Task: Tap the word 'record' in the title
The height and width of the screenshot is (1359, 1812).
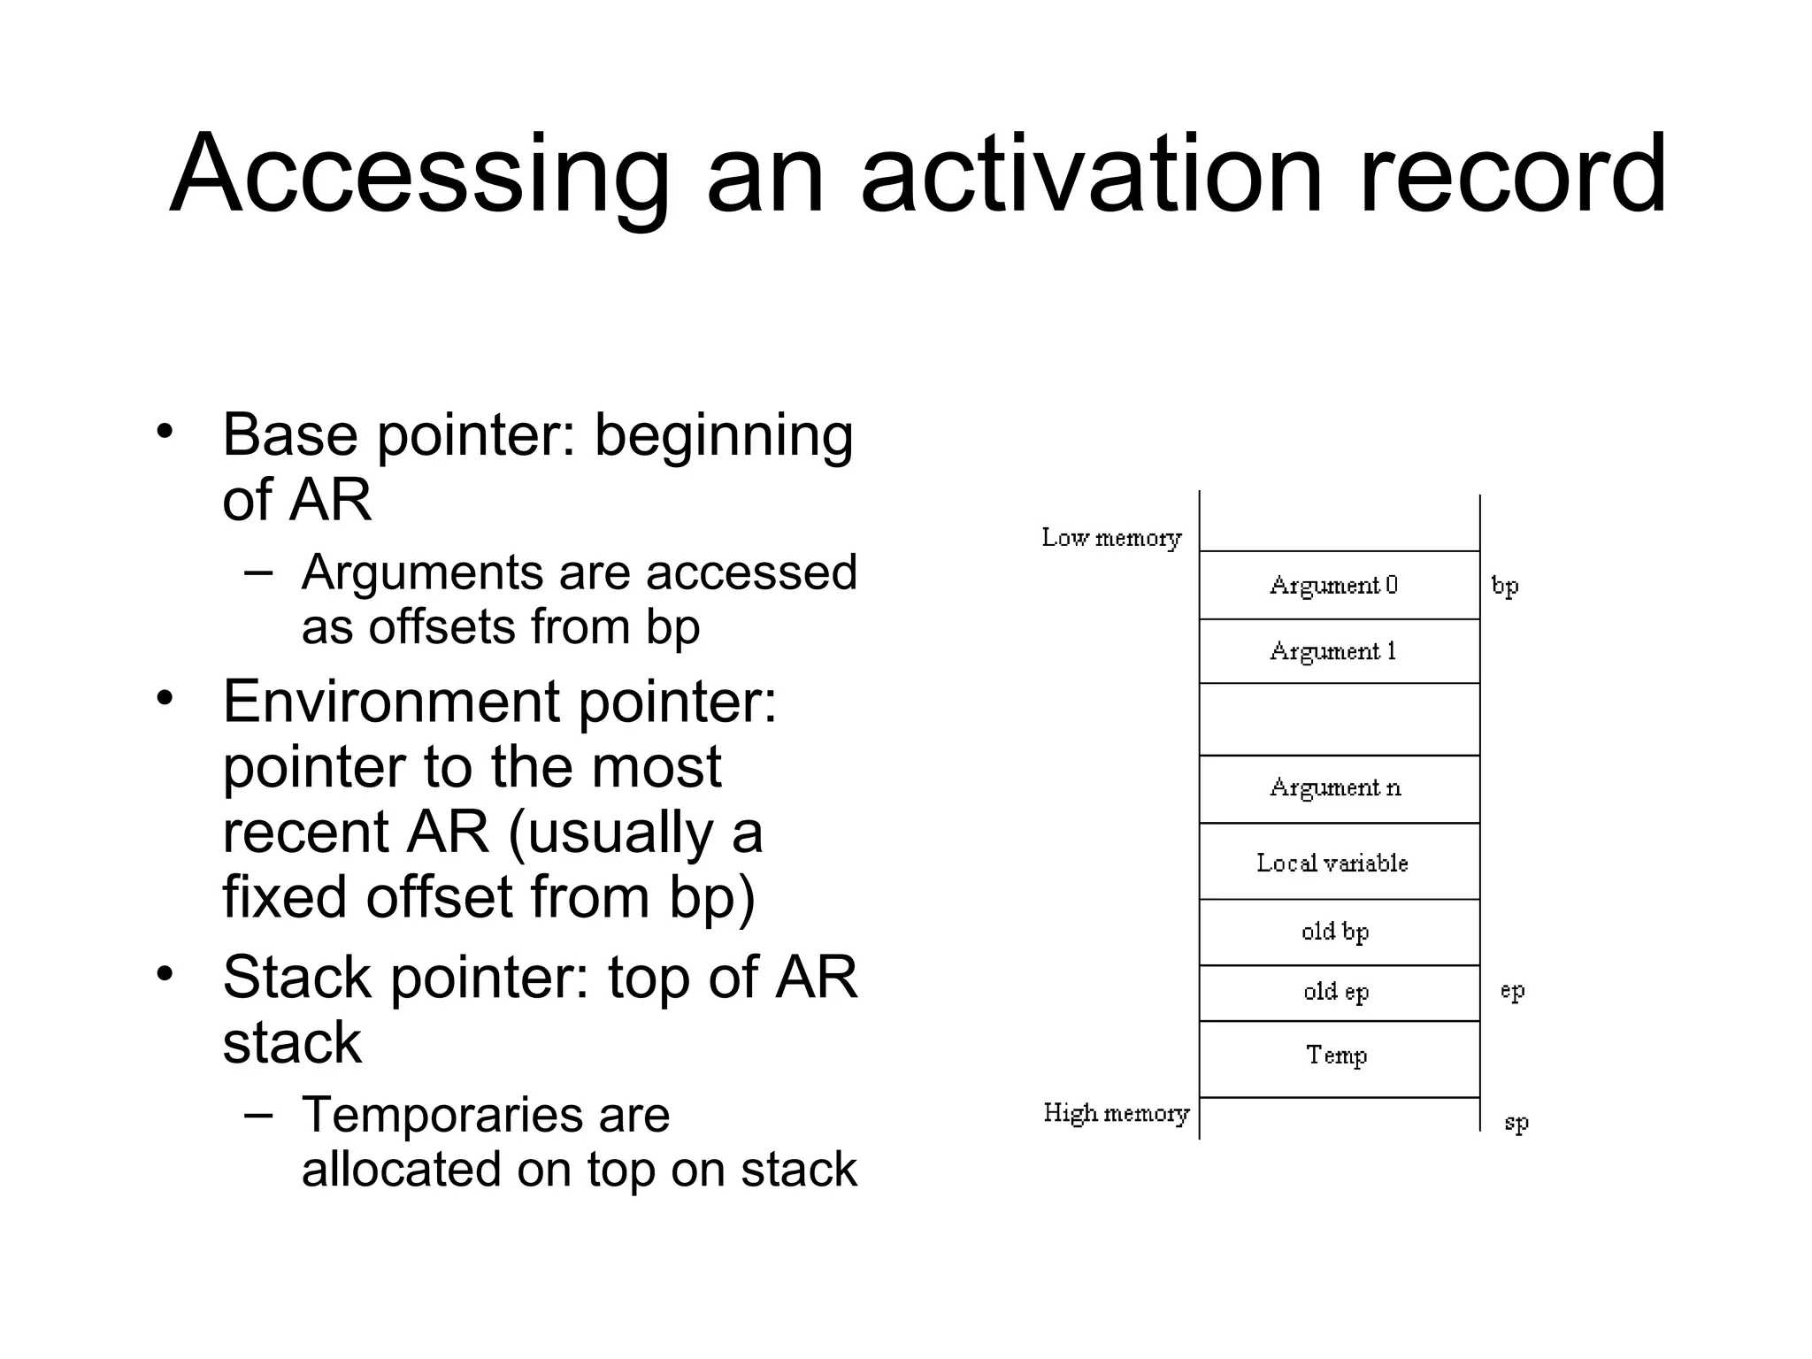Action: pos(1512,174)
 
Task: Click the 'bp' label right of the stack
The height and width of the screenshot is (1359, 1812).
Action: pos(1505,587)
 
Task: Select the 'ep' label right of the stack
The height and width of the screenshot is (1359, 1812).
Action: pos(1513,991)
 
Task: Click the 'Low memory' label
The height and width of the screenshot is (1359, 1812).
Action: pos(1111,538)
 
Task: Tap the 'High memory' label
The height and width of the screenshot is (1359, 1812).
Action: pos(1116,1113)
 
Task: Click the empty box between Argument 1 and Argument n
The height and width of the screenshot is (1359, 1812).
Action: pos(1339,719)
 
